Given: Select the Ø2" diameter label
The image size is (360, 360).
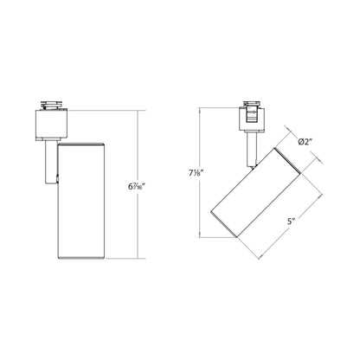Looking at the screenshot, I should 311,142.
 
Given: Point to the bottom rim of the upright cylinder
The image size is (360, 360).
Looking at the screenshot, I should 81,256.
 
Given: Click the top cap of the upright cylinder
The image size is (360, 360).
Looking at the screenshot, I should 81,145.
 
